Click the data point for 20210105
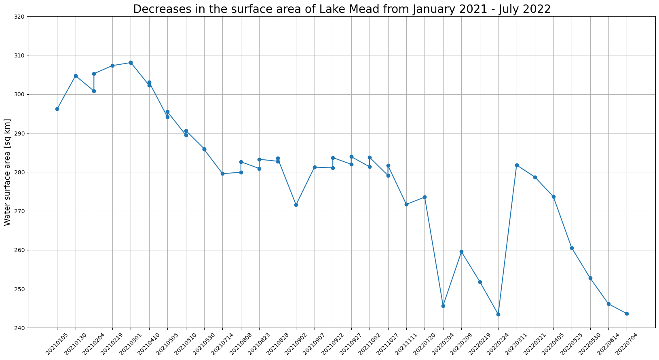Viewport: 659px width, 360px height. [x=57, y=109]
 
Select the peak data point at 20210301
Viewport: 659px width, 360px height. [x=131, y=63]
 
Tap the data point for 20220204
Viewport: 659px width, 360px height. [x=443, y=306]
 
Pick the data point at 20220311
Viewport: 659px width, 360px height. [x=517, y=165]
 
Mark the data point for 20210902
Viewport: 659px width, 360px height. [x=296, y=205]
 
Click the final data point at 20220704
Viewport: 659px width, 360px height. [x=627, y=313]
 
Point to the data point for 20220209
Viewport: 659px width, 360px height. [x=461, y=252]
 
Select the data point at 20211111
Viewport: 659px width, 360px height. [x=406, y=204]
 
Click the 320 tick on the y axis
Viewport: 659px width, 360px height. [x=20, y=17]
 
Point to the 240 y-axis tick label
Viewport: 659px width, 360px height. [x=20, y=328]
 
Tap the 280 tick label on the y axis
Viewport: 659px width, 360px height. [x=20, y=172]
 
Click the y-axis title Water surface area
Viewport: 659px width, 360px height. [x=7, y=172]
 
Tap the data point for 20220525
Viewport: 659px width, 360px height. [x=572, y=248]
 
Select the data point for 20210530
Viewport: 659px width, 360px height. [x=204, y=149]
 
